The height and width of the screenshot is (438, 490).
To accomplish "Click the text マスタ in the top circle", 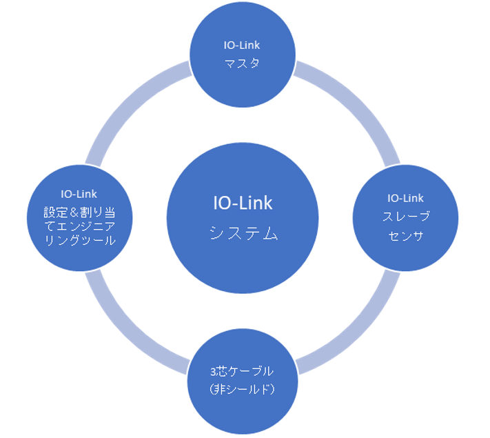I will [x=242, y=63].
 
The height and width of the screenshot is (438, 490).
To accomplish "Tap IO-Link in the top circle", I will [x=242, y=46].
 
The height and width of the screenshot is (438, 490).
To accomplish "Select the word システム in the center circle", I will [x=243, y=234].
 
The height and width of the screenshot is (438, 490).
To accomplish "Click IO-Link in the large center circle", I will [x=243, y=203].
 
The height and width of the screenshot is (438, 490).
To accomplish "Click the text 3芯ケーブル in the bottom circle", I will [x=243, y=370].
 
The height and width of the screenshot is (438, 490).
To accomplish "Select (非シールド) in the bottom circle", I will [x=243, y=389].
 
